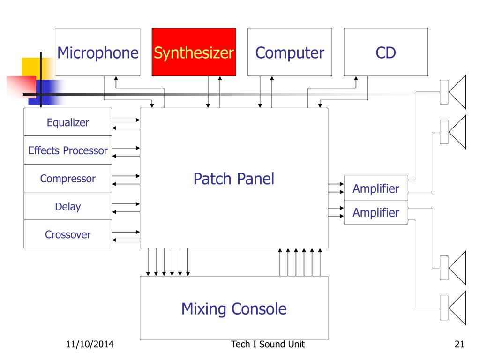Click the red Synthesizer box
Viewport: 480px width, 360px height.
[194, 52]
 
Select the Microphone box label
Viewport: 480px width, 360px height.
[97, 52]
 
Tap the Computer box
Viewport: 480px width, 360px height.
[289, 52]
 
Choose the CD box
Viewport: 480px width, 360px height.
[385, 52]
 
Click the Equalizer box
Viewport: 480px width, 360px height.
[68, 123]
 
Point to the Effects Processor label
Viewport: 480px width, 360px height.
[68, 151]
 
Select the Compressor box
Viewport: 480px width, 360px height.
[68, 179]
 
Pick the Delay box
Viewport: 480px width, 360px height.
[68, 206]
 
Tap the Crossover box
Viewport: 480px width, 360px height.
[68, 234]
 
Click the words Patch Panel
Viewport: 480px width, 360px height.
[233, 179]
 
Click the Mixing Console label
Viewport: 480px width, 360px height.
[233, 309]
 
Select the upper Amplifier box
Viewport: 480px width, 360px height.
[376, 188]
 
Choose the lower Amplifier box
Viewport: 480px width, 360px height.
[376, 213]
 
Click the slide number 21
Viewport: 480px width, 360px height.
[459, 345]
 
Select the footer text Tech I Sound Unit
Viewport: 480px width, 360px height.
[268, 345]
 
